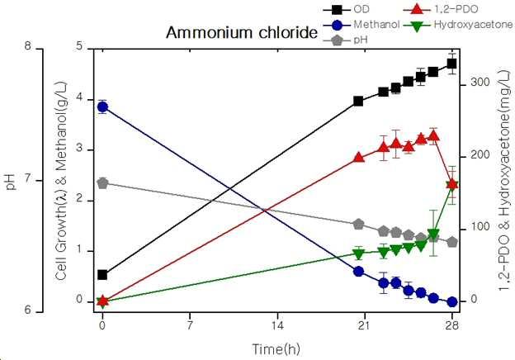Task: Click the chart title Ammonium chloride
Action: [242, 33]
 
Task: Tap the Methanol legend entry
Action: [361, 25]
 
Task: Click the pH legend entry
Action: [346, 40]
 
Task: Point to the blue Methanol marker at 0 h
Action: [102, 107]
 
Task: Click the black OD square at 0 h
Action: [102, 275]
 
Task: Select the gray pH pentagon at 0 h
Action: [102, 183]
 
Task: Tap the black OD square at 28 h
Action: [452, 64]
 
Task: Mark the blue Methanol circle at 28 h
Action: [452, 301]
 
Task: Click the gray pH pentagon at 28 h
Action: [452, 242]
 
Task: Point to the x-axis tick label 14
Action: [277, 326]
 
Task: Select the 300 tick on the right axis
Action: [480, 83]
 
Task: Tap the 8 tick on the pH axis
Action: [28, 45]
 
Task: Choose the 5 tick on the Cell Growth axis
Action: [80, 46]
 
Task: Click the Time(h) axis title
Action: [276, 348]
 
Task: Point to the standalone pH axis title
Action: [12, 182]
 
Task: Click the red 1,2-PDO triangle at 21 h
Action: [358, 157]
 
